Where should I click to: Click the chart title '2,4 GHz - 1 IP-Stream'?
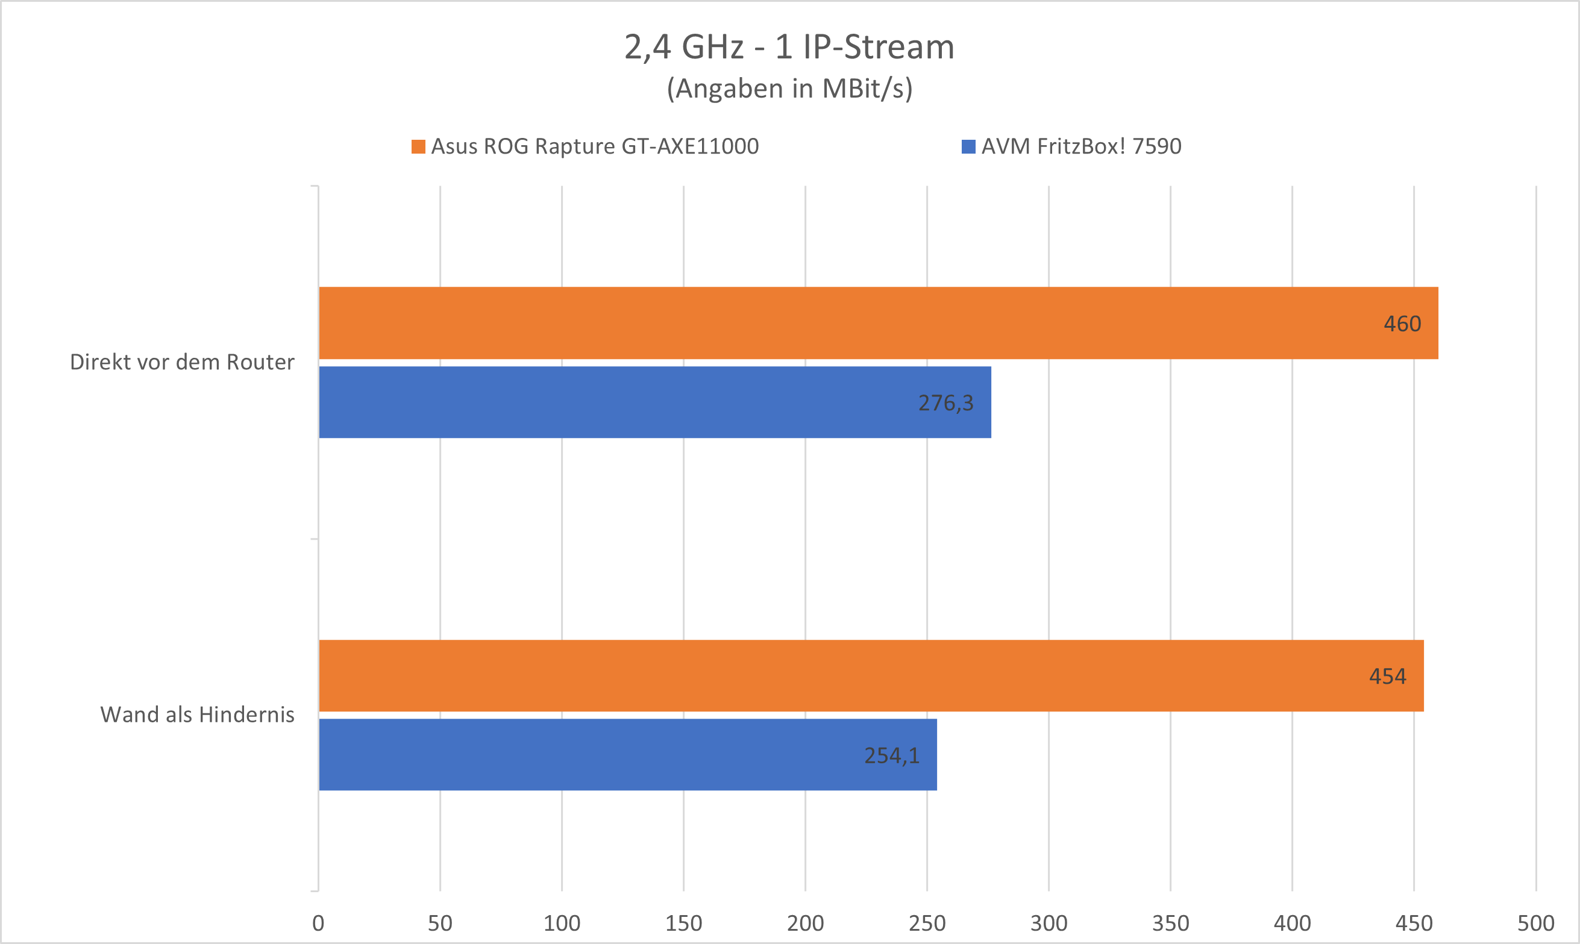(x=789, y=47)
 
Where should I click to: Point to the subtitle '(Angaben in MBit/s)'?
(x=789, y=89)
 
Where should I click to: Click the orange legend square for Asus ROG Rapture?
(x=418, y=146)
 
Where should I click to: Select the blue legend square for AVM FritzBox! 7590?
(x=968, y=146)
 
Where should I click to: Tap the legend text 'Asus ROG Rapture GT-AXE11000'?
(x=594, y=146)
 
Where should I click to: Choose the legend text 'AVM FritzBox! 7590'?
(x=1080, y=146)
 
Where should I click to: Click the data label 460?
(x=1402, y=324)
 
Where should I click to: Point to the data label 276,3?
(x=945, y=402)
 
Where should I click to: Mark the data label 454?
(x=1387, y=676)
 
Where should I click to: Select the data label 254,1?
(x=891, y=755)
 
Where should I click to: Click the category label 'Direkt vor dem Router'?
(x=182, y=362)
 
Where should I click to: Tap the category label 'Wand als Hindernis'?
(x=197, y=714)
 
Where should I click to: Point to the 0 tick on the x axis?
(x=318, y=923)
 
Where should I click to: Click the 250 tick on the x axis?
(x=927, y=923)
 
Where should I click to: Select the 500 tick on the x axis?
(x=1535, y=923)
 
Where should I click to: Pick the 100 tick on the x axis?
(x=562, y=923)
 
